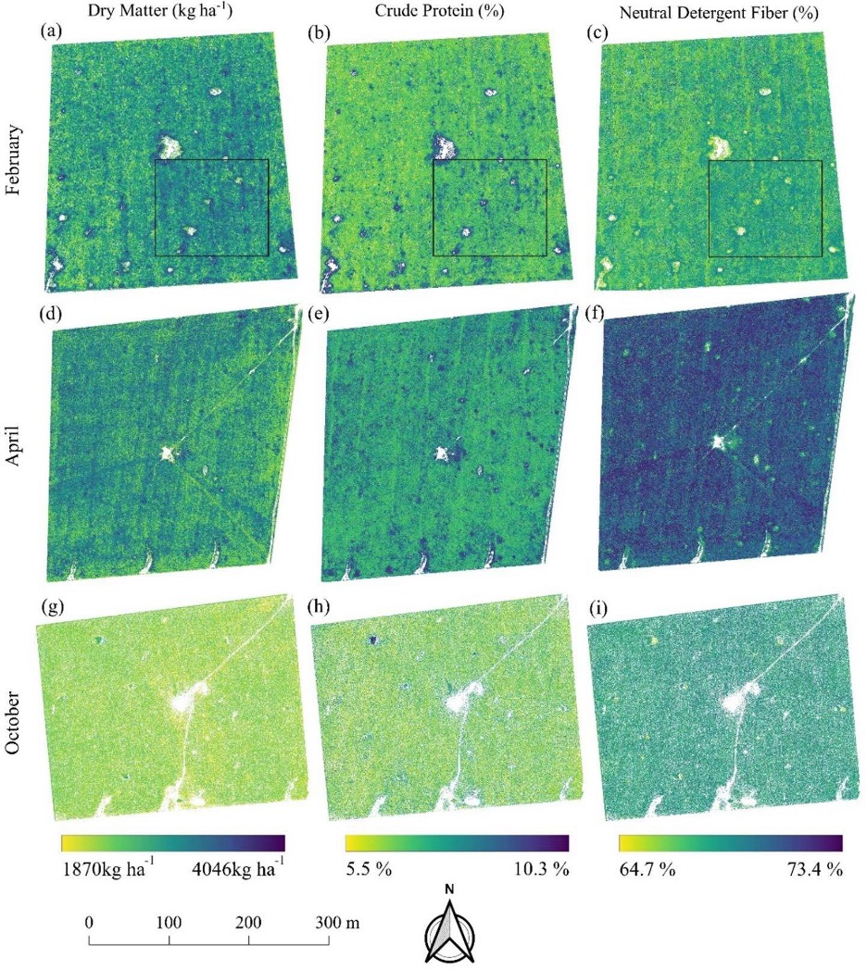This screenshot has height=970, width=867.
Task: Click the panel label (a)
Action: click(51, 31)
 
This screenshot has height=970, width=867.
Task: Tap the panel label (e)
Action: click(319, 314)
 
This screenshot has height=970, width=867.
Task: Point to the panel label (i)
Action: click(597, 608)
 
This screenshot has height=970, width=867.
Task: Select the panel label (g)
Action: click(52, 607)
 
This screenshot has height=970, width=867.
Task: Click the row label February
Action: click(13, 160)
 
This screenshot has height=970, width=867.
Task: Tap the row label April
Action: click(13, 446)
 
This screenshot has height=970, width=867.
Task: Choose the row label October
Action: click(12, 723)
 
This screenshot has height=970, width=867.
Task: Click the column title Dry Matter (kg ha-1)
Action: click(159, 10)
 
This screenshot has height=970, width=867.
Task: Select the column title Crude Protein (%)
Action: click(439, 10)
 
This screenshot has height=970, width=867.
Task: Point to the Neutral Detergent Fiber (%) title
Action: click(719, 12)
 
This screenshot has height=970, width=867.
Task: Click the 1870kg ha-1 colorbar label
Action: click(108, 868)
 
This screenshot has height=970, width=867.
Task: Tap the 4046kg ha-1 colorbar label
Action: click(238, 868)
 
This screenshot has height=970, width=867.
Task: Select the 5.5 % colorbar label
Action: click(369, 868)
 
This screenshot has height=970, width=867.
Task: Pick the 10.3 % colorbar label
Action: click(541, 868)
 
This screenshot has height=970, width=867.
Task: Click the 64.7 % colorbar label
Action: click(647, 869)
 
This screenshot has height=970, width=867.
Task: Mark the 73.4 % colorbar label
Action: click(815, 869)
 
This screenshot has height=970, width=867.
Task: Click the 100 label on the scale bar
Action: click(169, 923)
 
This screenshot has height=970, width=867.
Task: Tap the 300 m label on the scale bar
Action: click(337, 923)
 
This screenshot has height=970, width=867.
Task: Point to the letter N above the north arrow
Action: click(449, 889)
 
